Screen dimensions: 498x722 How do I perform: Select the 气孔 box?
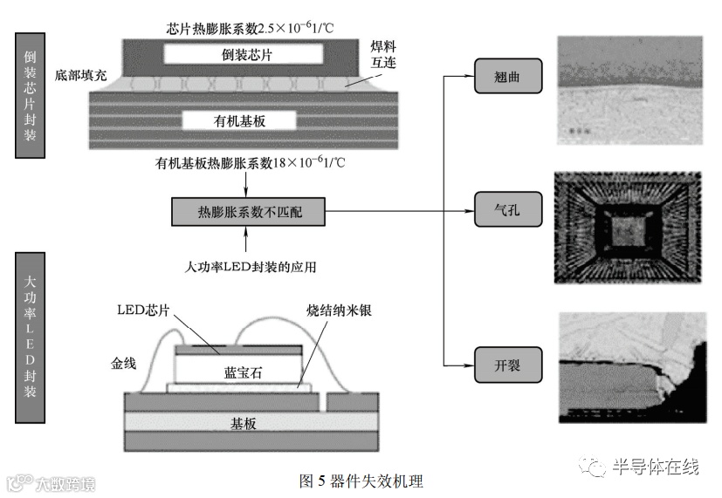[x=508, y=211]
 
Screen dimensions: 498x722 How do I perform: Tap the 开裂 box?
[x=508, y=364]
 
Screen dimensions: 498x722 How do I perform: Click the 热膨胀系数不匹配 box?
[x=249, y=212]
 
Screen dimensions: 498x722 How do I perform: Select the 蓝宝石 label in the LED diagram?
[x=237, y=372]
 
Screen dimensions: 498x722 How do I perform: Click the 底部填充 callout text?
[x=80, y=75]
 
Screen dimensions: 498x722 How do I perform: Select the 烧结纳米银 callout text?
[x=340, y=310]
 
